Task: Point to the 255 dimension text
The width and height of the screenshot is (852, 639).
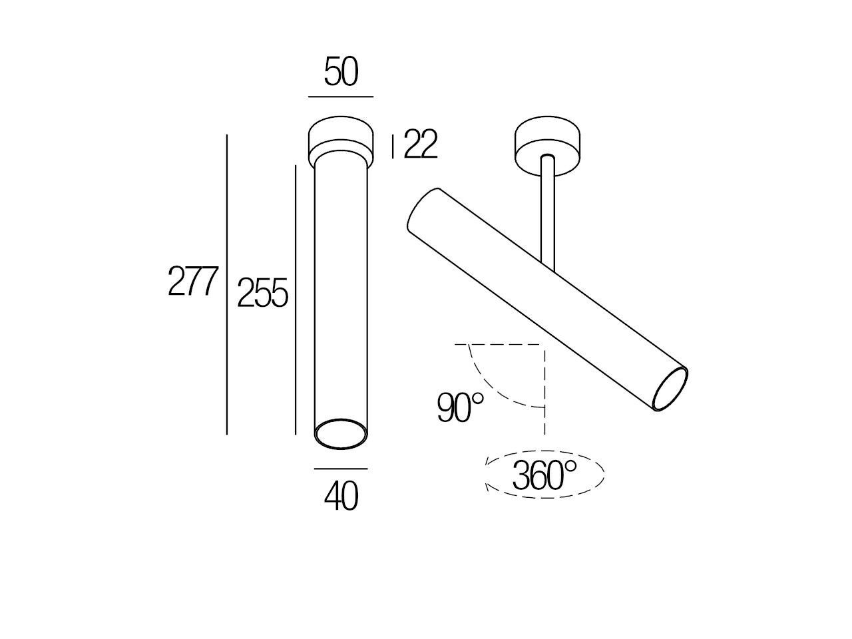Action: coord(262,294)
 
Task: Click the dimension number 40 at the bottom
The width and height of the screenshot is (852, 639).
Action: coord(341,496)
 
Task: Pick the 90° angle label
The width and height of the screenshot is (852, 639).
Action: coord(460,408)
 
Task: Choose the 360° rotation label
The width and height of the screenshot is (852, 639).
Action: coord(544,475)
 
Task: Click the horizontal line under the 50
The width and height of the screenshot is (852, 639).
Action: coord(341,97)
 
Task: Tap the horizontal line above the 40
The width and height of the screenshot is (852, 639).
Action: coord(341,469)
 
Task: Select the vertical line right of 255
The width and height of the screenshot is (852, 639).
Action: coord(295,300)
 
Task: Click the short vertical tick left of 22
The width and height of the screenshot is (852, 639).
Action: coord(393,146)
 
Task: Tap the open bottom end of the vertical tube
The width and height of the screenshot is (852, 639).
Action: coord(341,434)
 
